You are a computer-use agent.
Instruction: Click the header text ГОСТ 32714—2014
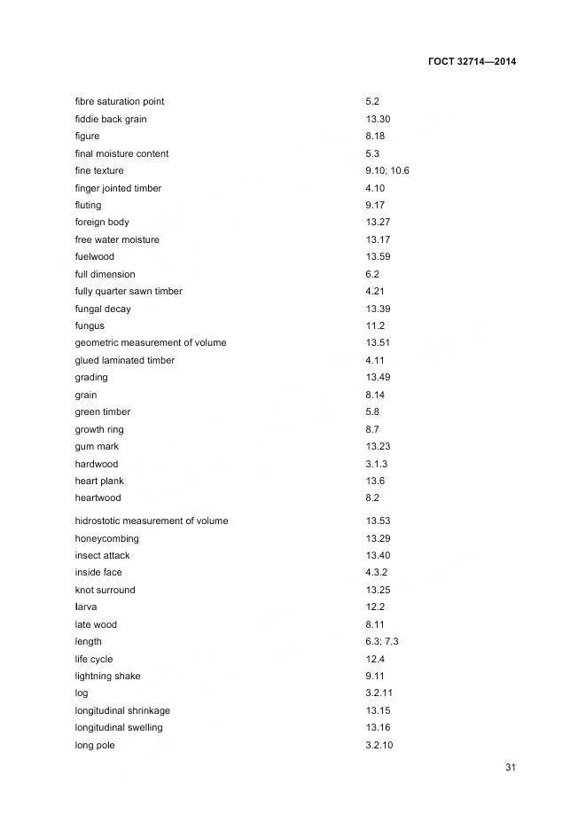tap(472, 61)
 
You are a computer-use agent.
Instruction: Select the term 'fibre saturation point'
tap(120, 102)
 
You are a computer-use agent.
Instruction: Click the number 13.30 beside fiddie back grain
tap(378, 119)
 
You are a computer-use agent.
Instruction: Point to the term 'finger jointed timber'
tap(118, 188)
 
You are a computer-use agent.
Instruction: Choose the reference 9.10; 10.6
tap(387, 170)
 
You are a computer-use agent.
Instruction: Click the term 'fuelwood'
tap(95, 256)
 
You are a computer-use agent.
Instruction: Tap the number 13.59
tap(378, 256)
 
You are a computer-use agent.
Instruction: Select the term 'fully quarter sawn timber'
tap(129, 291)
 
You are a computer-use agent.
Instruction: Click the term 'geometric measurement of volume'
tap(151, 342)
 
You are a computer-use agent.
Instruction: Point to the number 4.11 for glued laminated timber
tap(375, 360)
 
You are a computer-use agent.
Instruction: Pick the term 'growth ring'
tap(99, 429)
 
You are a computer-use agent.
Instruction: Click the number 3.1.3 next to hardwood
tap(376, 464)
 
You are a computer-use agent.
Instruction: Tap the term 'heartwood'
tap(98, 497)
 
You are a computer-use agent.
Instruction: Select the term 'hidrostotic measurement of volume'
tap(152, 521)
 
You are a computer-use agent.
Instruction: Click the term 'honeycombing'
tap(107, 538)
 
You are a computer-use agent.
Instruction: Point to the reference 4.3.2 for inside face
tap(376, 572)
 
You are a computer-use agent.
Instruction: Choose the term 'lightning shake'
tap(108, 676)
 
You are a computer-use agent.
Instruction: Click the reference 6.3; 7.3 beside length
tap(382, 641)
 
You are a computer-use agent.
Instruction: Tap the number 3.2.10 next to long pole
tap(379, 745)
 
